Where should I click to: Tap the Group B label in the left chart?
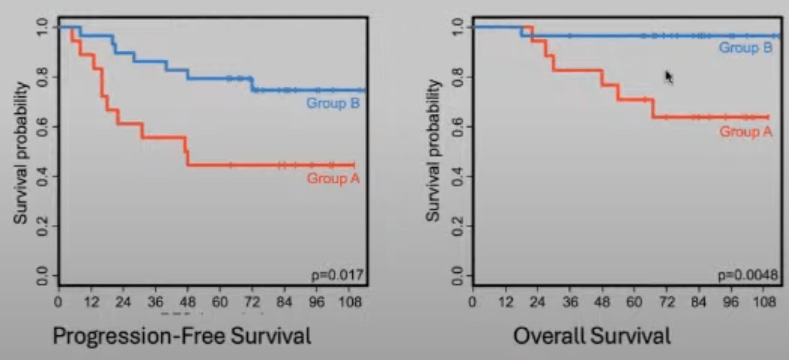point(333,104)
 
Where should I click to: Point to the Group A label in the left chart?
point(333,178)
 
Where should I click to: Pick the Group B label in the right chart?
point(745,48)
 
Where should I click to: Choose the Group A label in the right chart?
point(745,132)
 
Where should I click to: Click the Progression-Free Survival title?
point(182,336)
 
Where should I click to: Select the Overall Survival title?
point(592,336)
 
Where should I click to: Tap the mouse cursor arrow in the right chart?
point(669,76)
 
